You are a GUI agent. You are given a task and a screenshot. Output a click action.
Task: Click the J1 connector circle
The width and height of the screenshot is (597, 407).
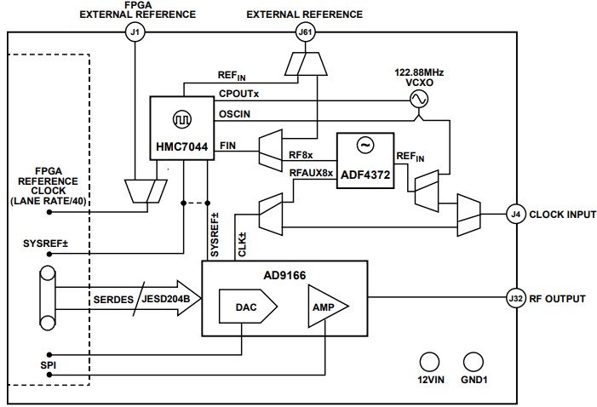(134, 33)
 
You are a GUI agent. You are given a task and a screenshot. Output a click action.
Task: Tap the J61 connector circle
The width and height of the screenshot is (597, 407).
(304, 33)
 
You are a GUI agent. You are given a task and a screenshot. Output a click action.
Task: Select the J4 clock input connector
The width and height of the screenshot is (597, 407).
(514, 215)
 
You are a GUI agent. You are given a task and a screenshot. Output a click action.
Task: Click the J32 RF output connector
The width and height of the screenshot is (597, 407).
(514, 299)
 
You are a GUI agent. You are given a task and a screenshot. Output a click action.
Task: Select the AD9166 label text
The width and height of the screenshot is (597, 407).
(284, 275)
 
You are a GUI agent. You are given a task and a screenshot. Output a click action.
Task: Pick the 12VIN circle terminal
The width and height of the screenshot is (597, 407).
(431, 361)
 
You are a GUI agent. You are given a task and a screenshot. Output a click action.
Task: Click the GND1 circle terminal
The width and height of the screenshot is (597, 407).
(471, 361)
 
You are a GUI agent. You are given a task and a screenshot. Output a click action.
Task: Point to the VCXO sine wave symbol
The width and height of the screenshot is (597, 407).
(419, 100)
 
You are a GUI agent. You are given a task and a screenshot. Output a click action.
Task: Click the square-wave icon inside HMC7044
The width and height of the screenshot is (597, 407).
(180, 118)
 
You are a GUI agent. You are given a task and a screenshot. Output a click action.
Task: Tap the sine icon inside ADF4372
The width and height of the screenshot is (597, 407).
(364, 146)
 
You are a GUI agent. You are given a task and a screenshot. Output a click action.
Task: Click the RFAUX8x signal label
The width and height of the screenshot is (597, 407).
(311, 173)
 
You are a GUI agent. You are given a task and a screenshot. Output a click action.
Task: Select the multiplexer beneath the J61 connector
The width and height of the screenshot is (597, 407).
(304, 62)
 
